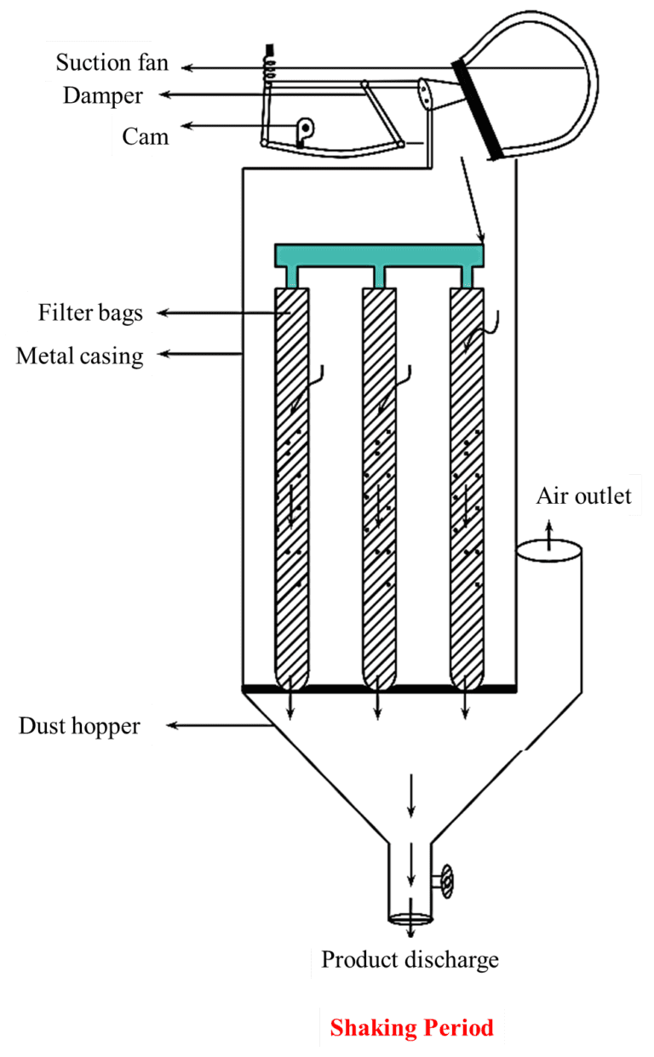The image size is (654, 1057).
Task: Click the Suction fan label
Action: click(112, 62)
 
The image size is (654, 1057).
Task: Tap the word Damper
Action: click(102, 95)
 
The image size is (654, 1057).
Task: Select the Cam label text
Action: click(145, 136)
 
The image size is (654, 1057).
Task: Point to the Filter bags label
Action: click(90, 313)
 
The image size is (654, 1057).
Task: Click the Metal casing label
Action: click(79, 355)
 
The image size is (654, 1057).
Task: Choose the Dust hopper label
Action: click(79, 727)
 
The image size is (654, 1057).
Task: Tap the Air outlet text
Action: click(584, 496)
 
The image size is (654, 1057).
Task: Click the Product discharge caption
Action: click(410, 960)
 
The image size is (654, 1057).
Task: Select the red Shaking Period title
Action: click(411, 1027)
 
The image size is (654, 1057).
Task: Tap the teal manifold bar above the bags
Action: click(379, 254)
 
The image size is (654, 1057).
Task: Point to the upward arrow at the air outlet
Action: click(549, 534)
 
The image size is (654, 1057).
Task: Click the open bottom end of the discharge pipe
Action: click(410, 918)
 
